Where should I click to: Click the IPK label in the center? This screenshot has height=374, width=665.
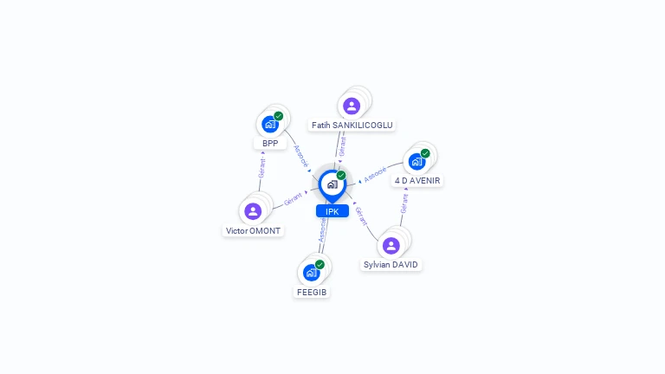[x=332, y=211]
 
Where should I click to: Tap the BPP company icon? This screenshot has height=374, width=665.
[x=270, y=125]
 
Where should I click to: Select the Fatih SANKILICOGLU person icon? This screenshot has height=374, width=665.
[x=351, y=106]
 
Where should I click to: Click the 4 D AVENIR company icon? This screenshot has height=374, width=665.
[x=416, y=162]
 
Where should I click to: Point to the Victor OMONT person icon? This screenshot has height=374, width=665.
[x=253, y=211]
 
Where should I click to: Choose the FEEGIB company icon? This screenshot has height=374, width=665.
[x=312, y=273]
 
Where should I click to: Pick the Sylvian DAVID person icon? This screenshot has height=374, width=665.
[x=391, y=245]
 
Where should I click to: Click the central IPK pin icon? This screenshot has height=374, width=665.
[x=332, y=184]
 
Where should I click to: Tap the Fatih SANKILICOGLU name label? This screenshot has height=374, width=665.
[x=352, y=126]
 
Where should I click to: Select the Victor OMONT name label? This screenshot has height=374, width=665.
[x=253, y=231]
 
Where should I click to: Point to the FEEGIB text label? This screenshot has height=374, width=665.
[x=312, y=293]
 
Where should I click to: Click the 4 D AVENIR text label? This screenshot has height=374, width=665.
[x=417, y=181]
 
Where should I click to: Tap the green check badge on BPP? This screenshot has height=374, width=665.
[x=279, y=116]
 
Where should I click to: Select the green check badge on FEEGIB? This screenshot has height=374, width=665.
[x=320, y=264]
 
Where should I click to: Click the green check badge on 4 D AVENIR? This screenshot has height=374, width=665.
[x=425, y=153]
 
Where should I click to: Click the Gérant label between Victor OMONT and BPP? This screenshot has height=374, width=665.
[x=261, y=168]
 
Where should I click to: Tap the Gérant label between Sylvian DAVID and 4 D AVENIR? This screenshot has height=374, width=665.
[x=404, y=203]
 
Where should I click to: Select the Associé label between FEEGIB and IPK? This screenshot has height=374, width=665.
[x=322, y=230]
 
